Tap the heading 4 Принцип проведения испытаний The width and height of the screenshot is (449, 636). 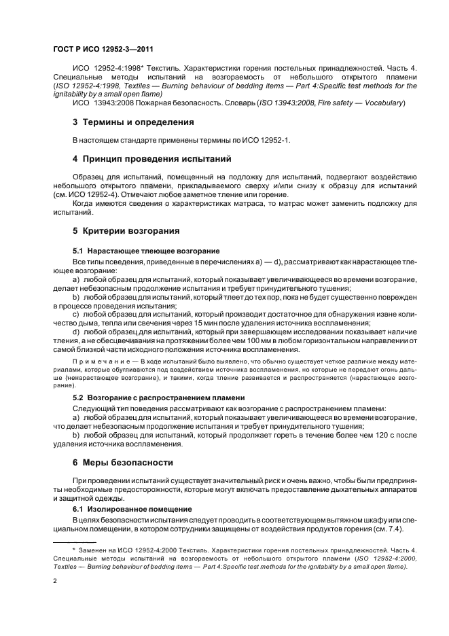143,159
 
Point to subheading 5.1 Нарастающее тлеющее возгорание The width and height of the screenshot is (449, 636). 146,251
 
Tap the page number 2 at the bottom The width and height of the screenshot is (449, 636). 54,581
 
